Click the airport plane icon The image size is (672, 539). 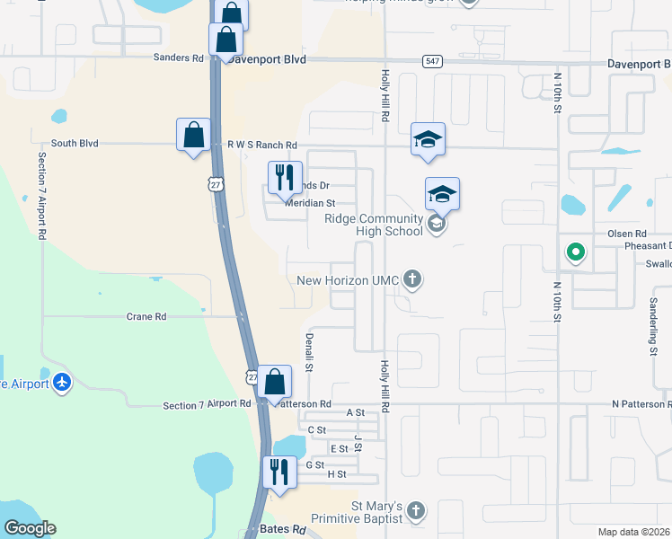point(61,383)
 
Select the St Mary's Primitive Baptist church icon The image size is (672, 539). point(415,511)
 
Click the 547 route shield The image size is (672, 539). point(432,60)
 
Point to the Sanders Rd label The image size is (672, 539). point(179,58)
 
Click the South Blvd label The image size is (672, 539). point(75,143)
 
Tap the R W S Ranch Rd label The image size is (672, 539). point(261,145)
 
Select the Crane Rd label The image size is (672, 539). point(146,316)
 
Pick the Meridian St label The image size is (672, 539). point(310,203)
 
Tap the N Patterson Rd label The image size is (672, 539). point(641,405)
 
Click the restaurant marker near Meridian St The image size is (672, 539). point(285,178)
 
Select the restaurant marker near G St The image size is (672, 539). point(279,472)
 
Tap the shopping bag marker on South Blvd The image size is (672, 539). point(193,136)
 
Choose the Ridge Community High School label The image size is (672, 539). point(374,225)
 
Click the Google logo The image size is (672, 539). point(30,528)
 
